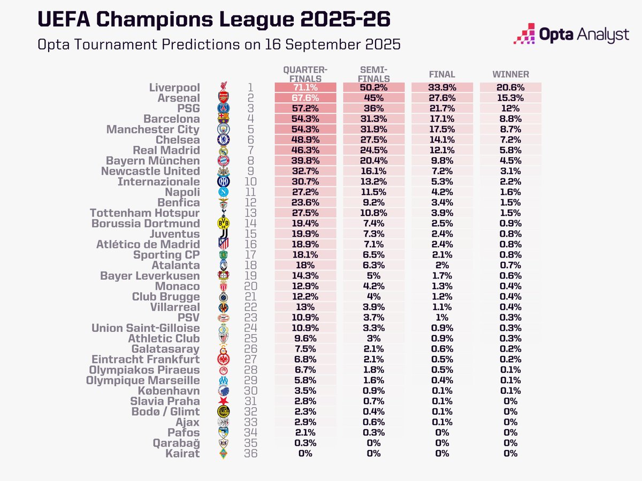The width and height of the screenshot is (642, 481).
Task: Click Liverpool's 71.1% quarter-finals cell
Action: click(305, 88)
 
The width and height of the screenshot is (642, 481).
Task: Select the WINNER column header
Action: click(510, 74)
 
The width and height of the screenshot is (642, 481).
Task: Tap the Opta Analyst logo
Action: click(571, 34)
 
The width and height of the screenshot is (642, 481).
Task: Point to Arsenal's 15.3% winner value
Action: click(510, 98)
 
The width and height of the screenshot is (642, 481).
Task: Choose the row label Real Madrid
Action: click(169, 150)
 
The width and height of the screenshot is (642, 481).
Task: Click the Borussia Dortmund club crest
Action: click(224, 223)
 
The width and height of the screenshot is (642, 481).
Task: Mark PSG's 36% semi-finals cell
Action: click(373, 108)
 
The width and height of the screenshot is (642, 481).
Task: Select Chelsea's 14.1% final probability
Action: click(442, 140)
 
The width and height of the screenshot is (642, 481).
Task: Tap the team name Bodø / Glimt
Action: click(166, 412)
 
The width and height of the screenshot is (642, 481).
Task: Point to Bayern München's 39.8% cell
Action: click(305, 161)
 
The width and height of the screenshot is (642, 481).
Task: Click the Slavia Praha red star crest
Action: click(224, 401)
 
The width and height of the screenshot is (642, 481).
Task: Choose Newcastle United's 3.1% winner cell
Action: click(510, 171)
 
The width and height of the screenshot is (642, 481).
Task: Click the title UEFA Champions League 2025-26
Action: click(214, 19)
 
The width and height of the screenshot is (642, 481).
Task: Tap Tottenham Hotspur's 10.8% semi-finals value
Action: click(373, 213)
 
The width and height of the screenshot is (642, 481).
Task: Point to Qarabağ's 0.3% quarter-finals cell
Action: click(305, 443)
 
